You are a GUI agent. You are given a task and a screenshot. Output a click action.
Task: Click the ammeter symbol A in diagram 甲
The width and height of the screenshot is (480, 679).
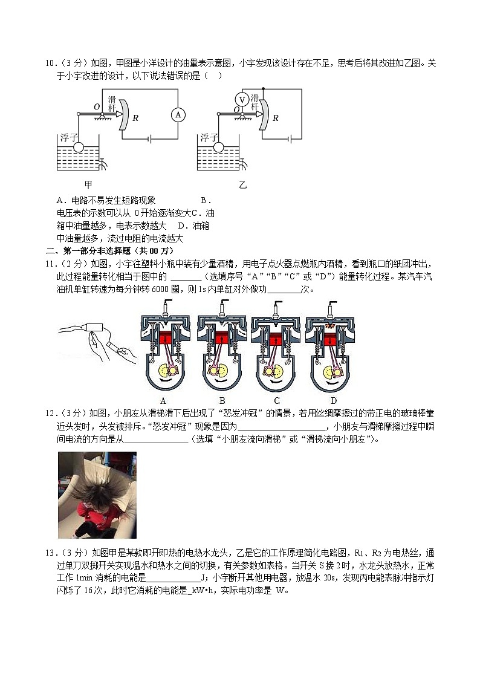point(178,115)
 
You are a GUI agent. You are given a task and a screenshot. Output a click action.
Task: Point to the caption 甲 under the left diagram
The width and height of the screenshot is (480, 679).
point(89,185)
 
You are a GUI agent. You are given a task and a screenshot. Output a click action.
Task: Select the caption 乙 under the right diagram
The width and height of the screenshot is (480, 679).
point(242,185)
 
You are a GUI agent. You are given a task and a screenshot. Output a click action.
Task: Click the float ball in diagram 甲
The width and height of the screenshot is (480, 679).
point(79,146)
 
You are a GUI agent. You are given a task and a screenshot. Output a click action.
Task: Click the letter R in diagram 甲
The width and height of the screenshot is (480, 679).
point(135,118)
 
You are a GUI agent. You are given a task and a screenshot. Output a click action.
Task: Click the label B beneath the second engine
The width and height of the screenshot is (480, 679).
point(222,400)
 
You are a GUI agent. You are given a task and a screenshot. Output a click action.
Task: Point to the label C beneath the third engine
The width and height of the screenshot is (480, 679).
point(276,400)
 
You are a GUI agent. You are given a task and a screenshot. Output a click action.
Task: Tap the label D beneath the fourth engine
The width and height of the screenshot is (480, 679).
point(333,400)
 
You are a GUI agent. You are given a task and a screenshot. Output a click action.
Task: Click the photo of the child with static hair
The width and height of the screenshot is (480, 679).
point(97,495)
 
